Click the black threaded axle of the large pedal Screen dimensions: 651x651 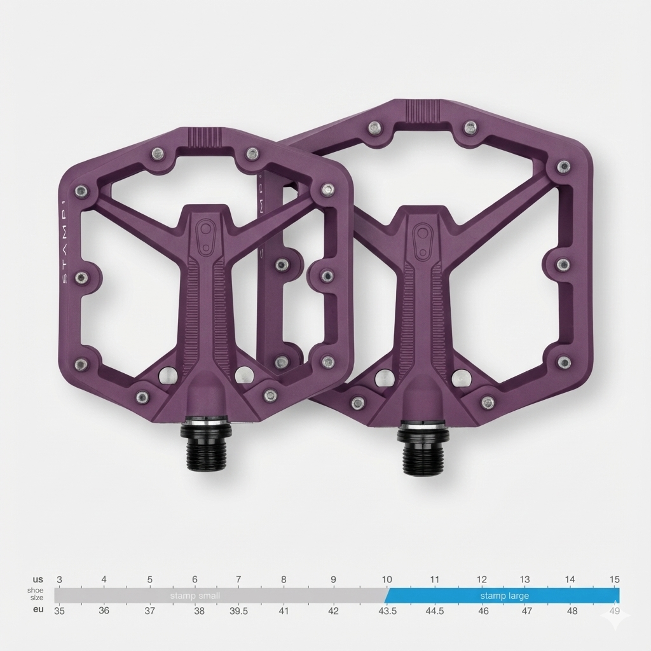[422, 453]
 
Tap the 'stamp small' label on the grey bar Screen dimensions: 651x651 [195, 596]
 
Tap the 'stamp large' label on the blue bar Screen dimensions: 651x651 [504, 596]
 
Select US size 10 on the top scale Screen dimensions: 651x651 [387, 580]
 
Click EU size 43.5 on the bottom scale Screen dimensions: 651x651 [387, 611]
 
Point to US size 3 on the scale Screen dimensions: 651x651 [59, 580]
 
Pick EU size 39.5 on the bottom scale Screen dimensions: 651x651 [238, 611]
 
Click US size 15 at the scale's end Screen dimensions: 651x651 [614, 580]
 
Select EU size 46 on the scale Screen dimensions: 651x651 [483, 611]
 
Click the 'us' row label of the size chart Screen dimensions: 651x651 [38, 580]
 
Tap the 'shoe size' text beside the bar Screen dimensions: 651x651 [36, 594]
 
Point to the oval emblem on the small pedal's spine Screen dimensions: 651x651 [205, 236]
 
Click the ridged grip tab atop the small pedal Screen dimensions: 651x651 [210, 136]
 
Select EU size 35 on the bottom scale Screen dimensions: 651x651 [59, 611]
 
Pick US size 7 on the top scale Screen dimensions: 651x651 [238, 580]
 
